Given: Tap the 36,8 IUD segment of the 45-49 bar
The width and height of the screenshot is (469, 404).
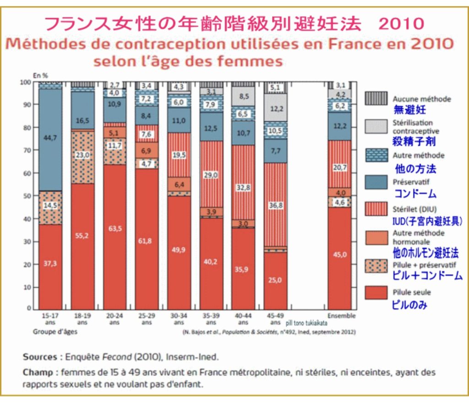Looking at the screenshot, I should (x=275, y=206).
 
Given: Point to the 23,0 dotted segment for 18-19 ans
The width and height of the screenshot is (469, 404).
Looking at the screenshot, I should (x=82, y=155).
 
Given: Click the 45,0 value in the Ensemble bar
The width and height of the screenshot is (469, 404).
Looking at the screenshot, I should (x=339, y=255).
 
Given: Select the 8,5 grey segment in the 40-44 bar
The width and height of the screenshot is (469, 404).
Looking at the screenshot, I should (x=243, y=96).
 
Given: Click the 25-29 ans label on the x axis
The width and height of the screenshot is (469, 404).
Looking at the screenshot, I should (x=146, y=319).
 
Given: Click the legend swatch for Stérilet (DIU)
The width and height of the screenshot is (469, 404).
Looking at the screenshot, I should (x=376, y=210).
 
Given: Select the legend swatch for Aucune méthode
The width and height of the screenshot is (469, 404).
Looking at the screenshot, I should (x=376, y=98).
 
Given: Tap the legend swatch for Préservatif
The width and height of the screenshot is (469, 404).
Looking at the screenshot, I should (x=376, y=183).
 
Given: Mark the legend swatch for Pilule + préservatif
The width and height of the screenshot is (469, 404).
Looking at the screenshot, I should (x=376, y=266).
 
